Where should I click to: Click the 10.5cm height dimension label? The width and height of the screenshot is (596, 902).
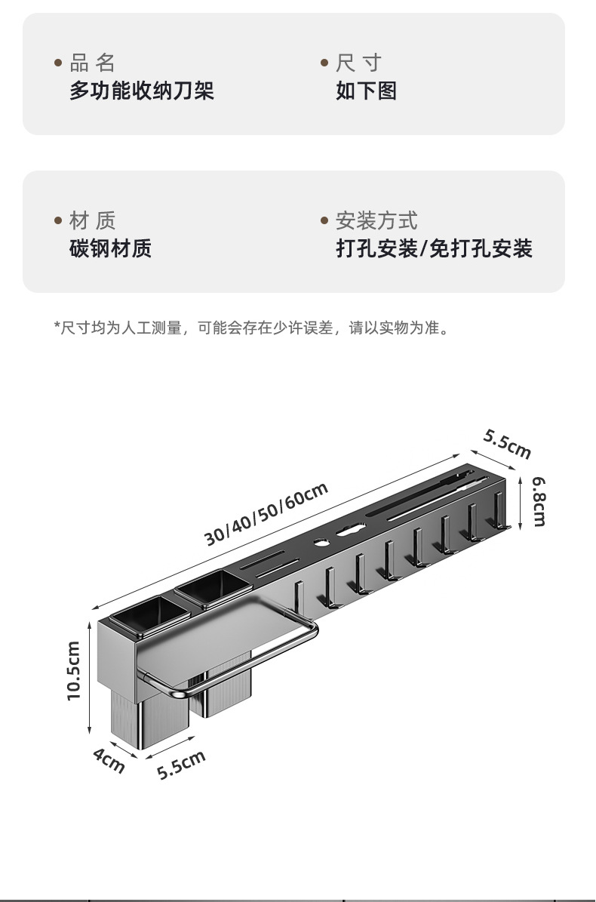73,670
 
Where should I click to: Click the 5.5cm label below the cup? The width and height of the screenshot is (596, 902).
181,765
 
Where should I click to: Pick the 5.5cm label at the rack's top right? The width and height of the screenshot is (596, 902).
508,444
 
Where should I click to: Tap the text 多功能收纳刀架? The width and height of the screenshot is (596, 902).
142,91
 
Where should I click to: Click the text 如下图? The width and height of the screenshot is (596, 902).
366,91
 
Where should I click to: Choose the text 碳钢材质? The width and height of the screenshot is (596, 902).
110,248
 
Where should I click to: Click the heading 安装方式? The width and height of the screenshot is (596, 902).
376,220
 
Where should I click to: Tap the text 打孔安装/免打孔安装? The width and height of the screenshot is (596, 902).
434,248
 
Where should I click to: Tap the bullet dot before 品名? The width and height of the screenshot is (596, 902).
58,63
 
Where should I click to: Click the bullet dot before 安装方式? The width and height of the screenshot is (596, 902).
324,221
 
